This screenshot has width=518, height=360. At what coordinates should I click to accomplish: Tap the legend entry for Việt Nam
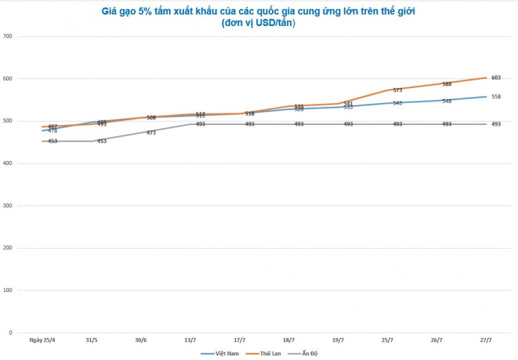click(x=216, y=353)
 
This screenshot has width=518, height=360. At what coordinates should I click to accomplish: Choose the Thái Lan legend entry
click(x=262, y=353)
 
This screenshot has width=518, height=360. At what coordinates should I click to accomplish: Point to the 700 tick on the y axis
click(x=8, y=36)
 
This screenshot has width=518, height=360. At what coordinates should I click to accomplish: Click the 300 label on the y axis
click(x=8, y=206)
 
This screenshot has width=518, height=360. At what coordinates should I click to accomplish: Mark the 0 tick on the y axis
click(x=11, y=333)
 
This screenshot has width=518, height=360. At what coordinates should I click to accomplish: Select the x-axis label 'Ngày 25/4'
click(x=42, y=340)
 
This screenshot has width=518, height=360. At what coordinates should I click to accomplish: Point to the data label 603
click(x=496, y=78)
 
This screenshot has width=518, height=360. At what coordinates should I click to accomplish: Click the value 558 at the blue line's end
click(x=496, y=96)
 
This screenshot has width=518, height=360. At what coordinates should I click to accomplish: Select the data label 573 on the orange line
click(x=398, y=90)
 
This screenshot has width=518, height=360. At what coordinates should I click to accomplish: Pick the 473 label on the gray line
click(x=151, y=133)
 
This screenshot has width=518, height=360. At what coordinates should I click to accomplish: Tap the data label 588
click(x=447, y=84)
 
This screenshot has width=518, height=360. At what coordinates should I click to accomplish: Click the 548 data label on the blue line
click(x=447, y=101)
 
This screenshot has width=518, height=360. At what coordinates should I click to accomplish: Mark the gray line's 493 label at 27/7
click(x=496, y=124)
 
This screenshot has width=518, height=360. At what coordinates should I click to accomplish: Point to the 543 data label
click(x=398, y=103)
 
